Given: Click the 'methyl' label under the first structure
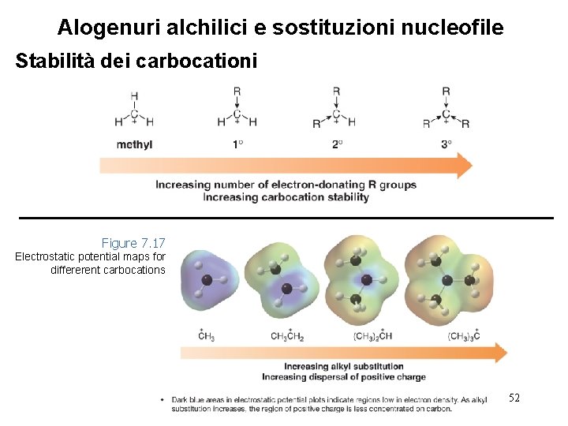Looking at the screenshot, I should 134,144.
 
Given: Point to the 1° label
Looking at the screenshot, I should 237,144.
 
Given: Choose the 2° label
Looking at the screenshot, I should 337,144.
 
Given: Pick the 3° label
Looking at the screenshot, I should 447,144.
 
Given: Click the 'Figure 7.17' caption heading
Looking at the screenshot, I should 133,243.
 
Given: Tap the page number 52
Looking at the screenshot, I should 514,398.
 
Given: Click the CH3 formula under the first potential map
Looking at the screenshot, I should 207,337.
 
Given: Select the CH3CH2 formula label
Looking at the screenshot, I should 287,337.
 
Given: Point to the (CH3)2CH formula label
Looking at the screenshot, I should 373,337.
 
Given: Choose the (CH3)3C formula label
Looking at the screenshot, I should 464,337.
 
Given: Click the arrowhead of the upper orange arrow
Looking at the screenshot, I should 464,166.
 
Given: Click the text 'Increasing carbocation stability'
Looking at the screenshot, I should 286,197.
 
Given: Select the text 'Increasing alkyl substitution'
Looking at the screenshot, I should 343,367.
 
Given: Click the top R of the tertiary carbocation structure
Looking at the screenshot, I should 446,92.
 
